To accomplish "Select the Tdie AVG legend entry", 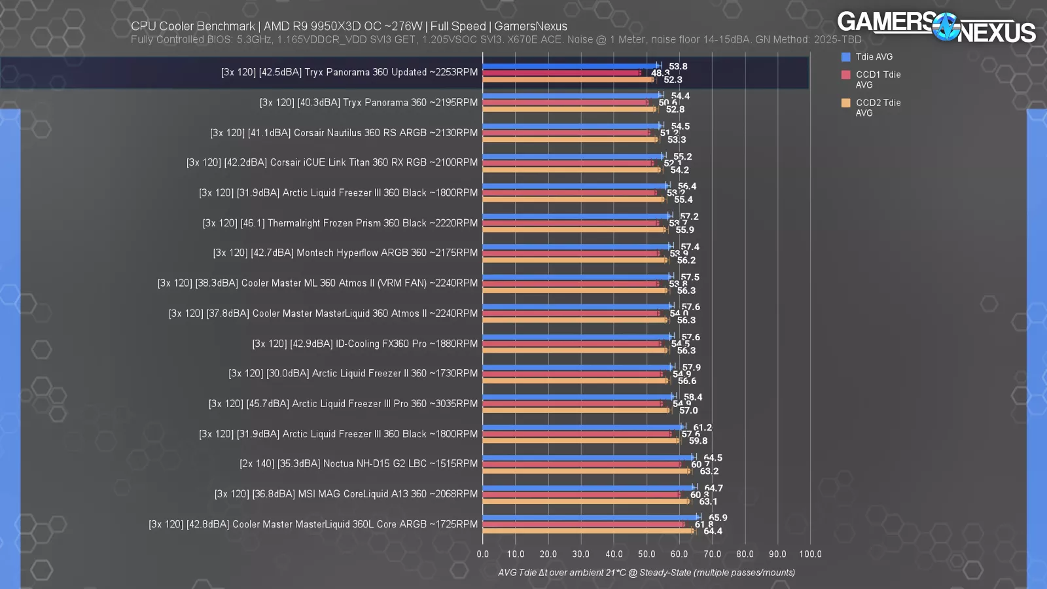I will click(x=873, y=57).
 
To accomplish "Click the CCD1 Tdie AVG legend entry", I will click(x=878, y=79).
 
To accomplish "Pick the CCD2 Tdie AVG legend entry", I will click(x=878, y=107).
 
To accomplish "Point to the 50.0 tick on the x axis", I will click(x=647, y=554).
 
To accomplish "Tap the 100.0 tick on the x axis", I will click(x=810, y=554).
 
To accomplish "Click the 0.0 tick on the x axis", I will click(x=483, y=554).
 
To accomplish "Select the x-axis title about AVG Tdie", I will click(x=647, y=573).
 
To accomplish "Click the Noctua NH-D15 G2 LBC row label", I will click(x=359, y=464).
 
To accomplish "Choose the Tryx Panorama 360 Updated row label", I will click(x=349, y=73).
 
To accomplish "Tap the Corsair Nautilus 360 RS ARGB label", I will click(x=344, y=133).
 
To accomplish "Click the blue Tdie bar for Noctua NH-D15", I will click(x=588, y=457).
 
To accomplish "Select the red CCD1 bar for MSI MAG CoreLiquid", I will click(x=581, y=495).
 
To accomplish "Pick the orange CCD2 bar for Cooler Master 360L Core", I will click(x=588, y=531).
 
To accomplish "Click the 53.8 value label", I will click(x=678, y=66).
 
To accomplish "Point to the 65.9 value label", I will click(x=718, y=518).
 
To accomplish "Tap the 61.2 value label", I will click(x=702, y=427).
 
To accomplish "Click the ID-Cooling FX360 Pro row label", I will click(x=365, y=344).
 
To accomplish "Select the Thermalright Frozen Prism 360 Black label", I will click(x=340, y=223).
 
